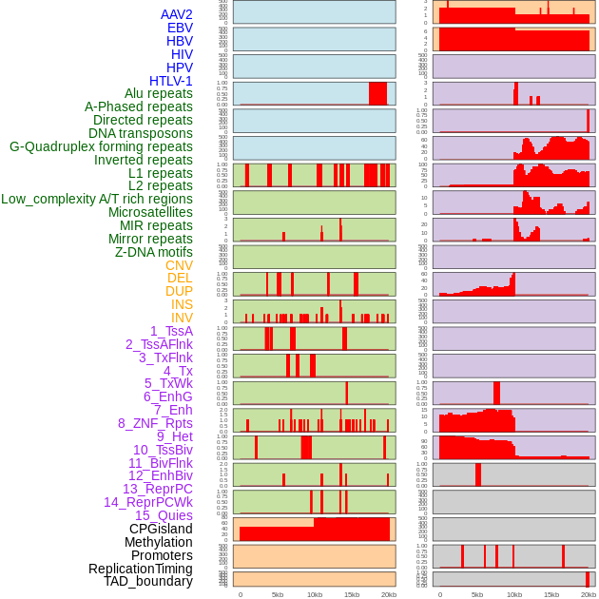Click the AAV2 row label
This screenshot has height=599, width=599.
pos(177,14)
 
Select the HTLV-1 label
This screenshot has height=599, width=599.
pos(171,81)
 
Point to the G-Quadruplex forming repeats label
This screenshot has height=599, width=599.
pos(101,146)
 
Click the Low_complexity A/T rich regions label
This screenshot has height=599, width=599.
pos(97,199)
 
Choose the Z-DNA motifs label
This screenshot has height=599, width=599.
pos(154,252)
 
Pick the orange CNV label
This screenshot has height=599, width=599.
pos(179,265)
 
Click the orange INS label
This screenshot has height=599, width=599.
pos(182,304)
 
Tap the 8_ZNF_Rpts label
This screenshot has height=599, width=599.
pos(155,423)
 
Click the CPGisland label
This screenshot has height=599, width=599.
pos(161,529)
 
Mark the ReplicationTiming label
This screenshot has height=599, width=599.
pos(141,569)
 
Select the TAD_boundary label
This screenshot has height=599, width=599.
pos(148,581)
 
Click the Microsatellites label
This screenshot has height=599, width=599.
pos(150,212)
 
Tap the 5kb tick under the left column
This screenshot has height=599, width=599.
pos(278,594)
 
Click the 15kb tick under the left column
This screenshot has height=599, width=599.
pos(352,594)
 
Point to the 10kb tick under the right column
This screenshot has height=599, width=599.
pos(514,594)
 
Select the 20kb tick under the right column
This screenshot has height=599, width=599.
pos(589,594)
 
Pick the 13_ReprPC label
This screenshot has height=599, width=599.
pos(157,489)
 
